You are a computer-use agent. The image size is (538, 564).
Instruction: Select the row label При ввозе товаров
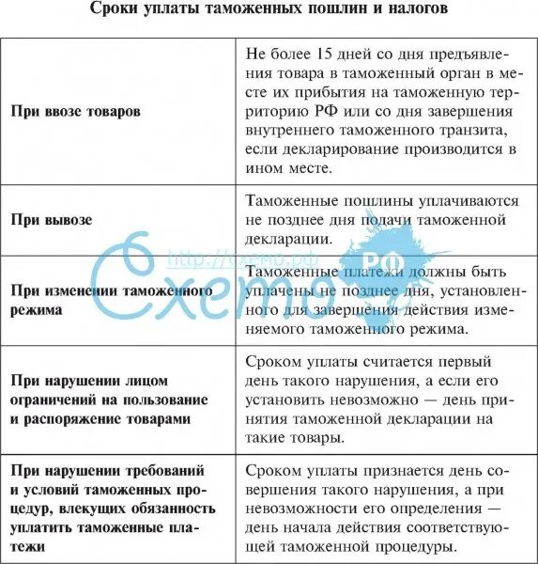pos(76,111)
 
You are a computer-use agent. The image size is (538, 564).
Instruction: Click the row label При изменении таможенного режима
pos(110,301)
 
